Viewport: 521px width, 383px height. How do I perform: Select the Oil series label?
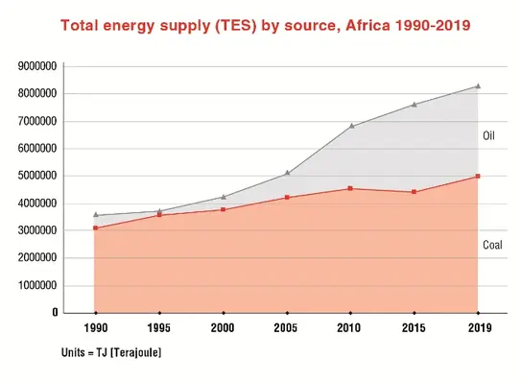tap(487, 136)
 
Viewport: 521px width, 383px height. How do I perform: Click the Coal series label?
tap(491, 245)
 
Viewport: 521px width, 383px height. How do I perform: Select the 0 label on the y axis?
tap(56, 313)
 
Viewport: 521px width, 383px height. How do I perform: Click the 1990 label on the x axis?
tap(95, 328)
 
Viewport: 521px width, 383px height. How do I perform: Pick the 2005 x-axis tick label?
tap(287, 328)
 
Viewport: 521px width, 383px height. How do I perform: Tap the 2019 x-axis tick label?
tap(478, 328)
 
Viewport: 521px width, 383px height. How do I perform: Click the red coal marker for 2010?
tap(350, 188)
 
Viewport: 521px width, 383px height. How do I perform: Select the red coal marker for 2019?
tap(478, 177)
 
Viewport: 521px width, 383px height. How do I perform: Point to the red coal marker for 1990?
tap(95, 227)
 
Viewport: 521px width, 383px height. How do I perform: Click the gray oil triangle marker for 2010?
tap(350, 126)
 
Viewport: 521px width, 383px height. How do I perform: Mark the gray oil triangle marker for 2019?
tap(478, 85)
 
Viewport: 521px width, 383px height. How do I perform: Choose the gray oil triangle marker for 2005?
tap(287, 173)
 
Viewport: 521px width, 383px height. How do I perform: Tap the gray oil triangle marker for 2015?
tap(414, 104)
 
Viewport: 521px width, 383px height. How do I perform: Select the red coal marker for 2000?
tap(224, 209)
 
